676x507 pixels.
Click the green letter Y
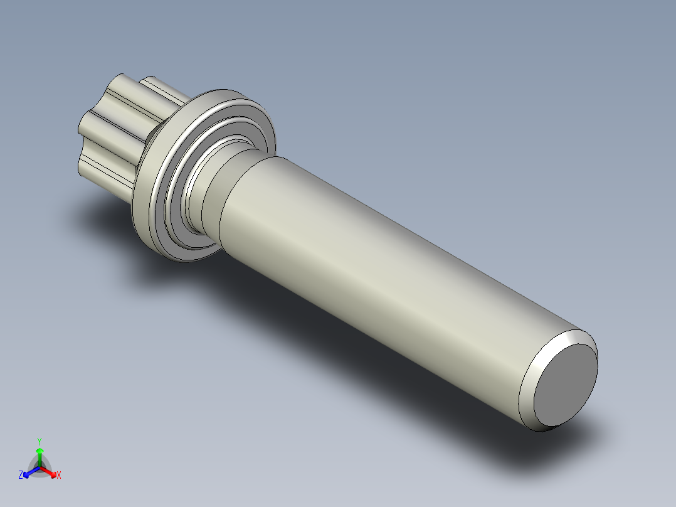click(x=39, y=440)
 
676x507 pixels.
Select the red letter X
click(x=59, y=476)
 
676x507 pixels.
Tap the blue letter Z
click(x=21, y=476)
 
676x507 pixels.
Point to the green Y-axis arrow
click(x=39, y=455)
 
